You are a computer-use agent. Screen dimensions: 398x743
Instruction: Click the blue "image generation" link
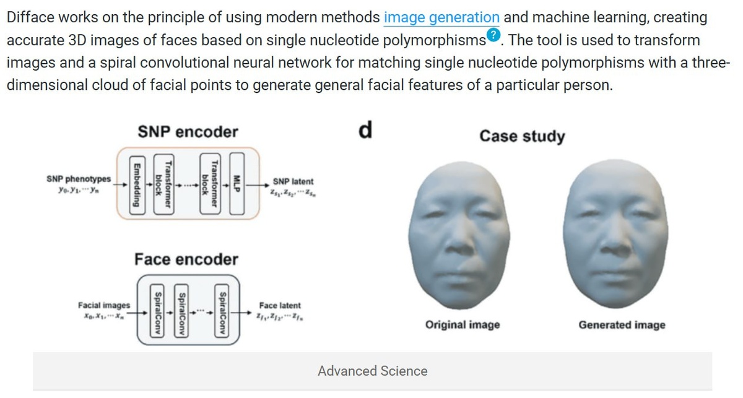click(441, 17)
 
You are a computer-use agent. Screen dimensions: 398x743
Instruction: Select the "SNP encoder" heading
click(188, 132)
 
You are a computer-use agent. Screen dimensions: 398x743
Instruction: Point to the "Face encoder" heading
click(186, 259)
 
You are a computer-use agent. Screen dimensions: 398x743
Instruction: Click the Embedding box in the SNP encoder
click(136, 184)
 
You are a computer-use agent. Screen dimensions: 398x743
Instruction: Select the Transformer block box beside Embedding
click(162, 184)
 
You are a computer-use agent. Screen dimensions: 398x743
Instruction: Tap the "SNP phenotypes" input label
click(79, 179)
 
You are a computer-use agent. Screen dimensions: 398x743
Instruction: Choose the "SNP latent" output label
click(292, 181)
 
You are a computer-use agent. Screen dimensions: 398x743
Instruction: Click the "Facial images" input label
click(104, 305)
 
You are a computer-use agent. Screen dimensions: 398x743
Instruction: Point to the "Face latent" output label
click(280, 305)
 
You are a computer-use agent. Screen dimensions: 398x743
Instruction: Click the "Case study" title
click(522, 136)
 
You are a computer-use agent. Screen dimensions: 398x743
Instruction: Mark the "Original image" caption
click(463, 324)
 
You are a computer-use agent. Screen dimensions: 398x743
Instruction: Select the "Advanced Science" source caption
click(372, 371)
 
